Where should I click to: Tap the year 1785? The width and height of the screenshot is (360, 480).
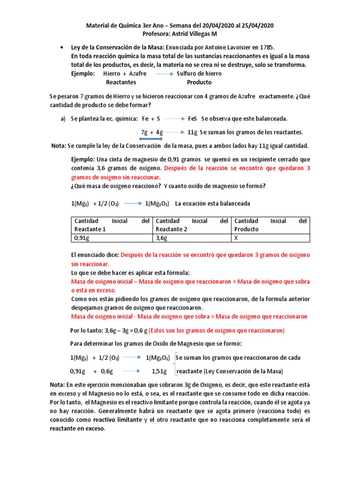coord(266,48)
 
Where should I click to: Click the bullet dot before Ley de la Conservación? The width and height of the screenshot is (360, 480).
coord(62,48)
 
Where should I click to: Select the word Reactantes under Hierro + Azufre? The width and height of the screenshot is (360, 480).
coord(121,82)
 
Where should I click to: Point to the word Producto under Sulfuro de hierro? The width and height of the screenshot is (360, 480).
coord(199,82)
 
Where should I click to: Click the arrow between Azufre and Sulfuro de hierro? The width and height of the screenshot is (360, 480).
coord(165,74)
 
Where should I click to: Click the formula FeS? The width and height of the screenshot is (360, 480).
coord(193,119)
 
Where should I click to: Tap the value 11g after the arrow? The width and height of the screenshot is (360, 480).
coord(192,132)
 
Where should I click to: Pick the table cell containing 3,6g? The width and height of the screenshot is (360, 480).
coord(192,238)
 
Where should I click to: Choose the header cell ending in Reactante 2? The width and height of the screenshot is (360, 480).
coord(192,225)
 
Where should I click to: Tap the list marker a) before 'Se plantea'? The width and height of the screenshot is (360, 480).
coord(63,119)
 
